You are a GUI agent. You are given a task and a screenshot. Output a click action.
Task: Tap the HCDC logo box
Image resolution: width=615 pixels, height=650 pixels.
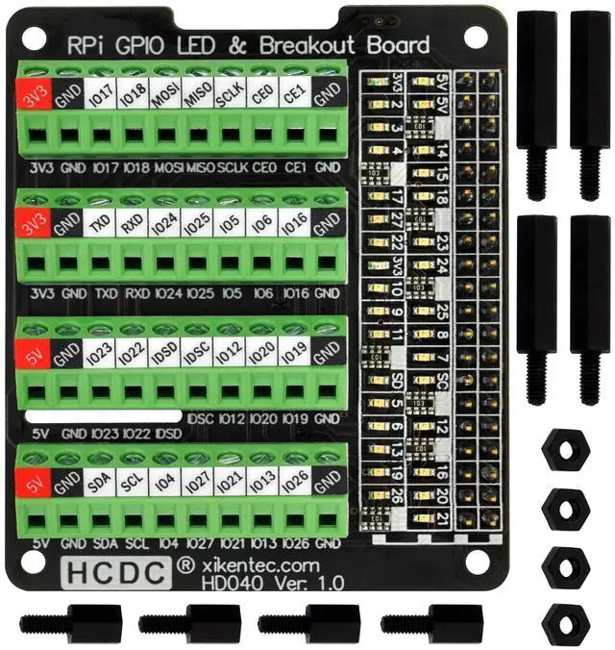click(113, 571)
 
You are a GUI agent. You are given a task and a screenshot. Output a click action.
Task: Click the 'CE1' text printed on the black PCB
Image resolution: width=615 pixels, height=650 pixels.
click(295, 166)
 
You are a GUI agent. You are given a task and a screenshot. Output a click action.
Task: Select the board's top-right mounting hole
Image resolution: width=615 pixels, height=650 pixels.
click(475, 37)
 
